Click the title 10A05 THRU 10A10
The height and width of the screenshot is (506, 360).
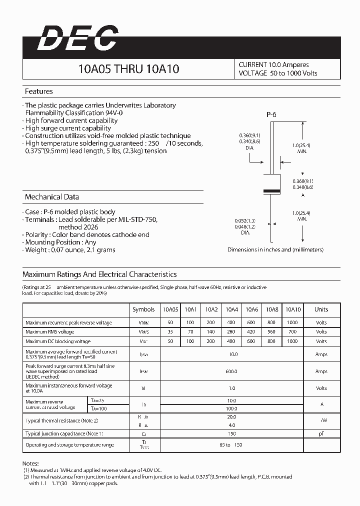(128, 69)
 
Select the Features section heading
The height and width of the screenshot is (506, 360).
(39, 91)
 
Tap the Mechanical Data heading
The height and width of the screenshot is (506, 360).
(52, 197)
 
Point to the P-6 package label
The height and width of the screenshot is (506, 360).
(271, 114)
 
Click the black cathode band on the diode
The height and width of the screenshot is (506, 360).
(271, 191)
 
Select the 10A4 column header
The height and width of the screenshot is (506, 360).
(231, 309)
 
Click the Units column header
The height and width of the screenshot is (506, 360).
(321, 309)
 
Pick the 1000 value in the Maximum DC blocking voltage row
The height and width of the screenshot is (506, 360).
(292, 341)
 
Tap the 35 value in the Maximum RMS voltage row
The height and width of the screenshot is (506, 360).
(170, 331)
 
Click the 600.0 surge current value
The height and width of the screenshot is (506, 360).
(231, 371)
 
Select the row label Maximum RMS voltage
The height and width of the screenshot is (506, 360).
(50, 331)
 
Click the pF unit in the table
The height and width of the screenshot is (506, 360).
(321, 434)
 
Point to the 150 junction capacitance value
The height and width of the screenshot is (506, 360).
(231, 434)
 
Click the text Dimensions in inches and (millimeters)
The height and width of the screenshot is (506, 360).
(275, 249)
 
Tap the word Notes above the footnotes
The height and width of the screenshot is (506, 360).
(30, 464)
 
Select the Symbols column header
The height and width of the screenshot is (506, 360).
(143, 309)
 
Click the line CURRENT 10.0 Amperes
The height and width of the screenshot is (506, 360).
(273, 65)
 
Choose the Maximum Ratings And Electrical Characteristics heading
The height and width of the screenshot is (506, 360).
(99, 274)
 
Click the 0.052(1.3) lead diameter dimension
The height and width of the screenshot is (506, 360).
(245, 220)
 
